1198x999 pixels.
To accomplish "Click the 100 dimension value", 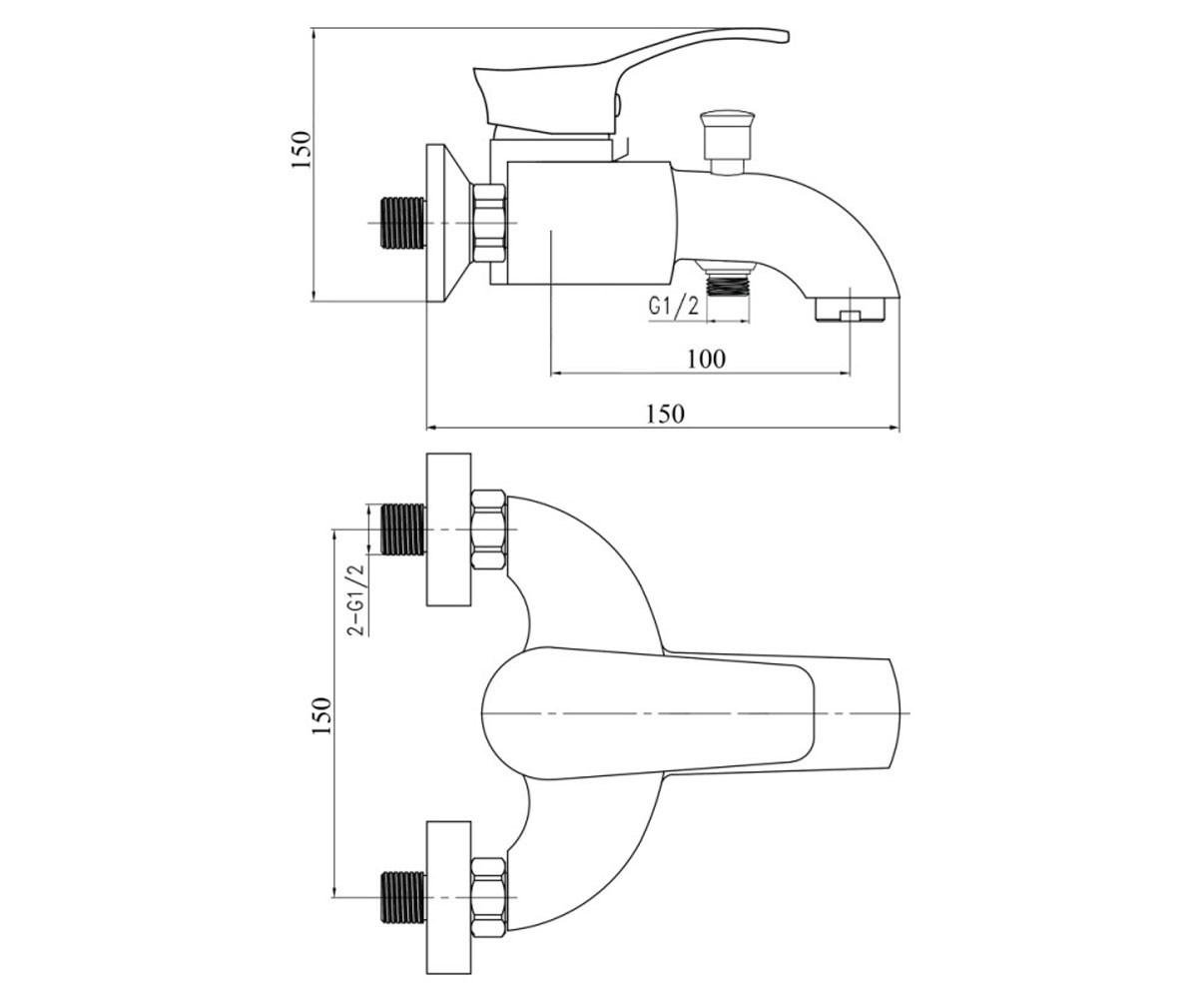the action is tap(706, 359).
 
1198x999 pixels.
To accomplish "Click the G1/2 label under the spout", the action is tap(674, 306).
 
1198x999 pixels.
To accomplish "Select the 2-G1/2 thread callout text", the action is tap(356, 600).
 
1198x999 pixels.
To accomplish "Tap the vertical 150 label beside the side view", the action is tap(300, 150).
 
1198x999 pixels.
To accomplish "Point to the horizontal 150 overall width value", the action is tap(665, 414).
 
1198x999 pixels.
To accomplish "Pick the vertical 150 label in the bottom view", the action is tap(321, 715).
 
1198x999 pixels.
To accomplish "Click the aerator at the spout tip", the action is tap(851, 309).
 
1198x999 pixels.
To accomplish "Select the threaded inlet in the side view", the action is tap(403, 223).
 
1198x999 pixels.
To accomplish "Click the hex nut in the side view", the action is tap(489, 223).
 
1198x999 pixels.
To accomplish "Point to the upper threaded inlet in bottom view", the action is tap(403, 529).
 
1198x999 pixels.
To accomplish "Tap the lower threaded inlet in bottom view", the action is tap(403, 897).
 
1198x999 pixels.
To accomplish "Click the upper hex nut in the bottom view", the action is tap(489, 529).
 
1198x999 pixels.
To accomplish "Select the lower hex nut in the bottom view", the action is tap(489, 897).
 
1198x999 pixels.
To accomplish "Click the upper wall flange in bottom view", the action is tap(448, 529).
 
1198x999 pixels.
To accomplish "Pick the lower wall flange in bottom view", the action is tap(448, 897).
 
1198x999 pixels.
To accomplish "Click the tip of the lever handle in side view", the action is tap(787, 36).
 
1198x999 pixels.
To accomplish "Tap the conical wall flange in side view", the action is tap(448, 223).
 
